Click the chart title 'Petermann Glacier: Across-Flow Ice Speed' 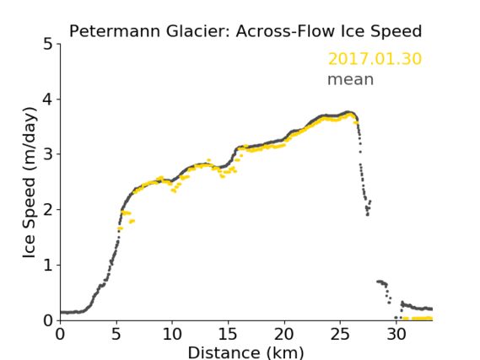coord(245,31)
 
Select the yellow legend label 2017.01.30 coord(375,59)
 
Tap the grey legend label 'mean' coord(351,79)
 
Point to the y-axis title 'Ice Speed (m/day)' coord(30,182)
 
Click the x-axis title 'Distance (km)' coord(245,352)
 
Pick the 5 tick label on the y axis coord(48,45)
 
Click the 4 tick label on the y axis coord(48,99)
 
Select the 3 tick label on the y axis coord(48,154)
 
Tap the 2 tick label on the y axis coord(48,210)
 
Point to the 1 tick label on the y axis coord(48,266)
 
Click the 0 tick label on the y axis coord(48,320)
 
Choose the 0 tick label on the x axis coord(60,335)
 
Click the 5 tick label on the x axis coord(116,335)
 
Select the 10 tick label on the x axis coord(172,335)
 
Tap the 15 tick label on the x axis coord(228,335)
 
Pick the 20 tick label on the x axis coord(284,335)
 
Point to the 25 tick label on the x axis coord(340,335)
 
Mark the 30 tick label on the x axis coord(396,335)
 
